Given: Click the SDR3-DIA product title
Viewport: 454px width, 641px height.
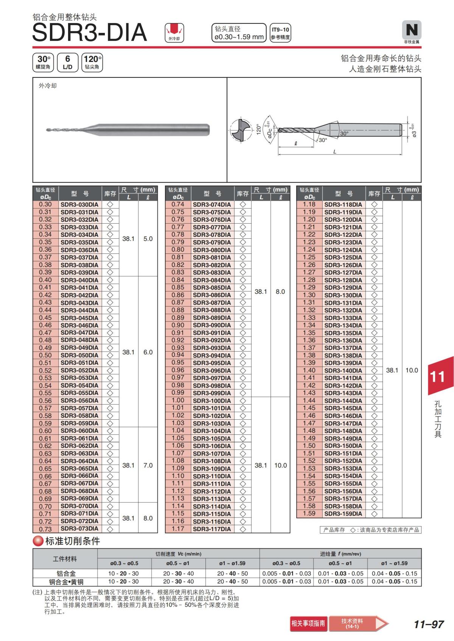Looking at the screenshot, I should click(89, 32).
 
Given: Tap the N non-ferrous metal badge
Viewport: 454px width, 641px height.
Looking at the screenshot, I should click(412, 30).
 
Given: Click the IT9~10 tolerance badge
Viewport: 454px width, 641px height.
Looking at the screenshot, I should click(280, 33).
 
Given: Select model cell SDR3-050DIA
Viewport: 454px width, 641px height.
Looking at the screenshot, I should click(79, 355).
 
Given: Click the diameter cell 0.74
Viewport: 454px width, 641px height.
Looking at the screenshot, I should click(178, 204).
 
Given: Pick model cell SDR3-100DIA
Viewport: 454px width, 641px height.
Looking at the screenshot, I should click(212, 401).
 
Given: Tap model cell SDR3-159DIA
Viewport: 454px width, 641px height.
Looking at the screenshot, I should click(343, 514).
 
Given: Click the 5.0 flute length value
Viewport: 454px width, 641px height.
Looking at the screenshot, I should click(148, 239).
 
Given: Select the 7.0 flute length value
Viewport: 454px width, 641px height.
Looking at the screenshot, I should click(148, 465).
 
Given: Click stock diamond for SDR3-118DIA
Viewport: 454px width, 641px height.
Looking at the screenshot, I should click(374, 204).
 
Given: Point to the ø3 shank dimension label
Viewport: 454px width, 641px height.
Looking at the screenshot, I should click(414, 133).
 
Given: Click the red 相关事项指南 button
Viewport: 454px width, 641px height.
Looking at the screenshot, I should click(308, 623).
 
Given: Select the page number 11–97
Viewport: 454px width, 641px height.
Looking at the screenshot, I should click(429, 624).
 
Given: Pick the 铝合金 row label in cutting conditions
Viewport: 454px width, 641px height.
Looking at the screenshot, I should click(66, 573).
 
